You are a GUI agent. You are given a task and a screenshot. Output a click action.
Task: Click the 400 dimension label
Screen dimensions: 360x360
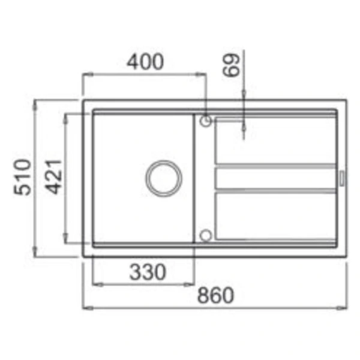tap(145, 62)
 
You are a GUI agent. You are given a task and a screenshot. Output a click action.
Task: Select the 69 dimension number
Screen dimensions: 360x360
tap(231, 65)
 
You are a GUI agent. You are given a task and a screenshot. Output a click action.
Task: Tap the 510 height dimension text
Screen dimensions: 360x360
tap(22, 177)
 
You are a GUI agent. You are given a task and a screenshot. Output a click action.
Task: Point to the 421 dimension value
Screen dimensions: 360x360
tap(53, 177)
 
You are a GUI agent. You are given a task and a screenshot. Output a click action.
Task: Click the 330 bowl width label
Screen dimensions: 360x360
tap(148, 272)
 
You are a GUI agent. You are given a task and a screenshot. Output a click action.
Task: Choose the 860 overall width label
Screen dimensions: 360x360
tap(215, 295)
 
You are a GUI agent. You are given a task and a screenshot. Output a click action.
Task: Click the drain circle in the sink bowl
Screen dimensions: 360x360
tap(164, 178)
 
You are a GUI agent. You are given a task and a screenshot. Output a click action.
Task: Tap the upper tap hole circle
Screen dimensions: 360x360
tap(205, 121)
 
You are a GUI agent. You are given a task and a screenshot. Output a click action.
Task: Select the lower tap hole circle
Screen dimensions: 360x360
tap(205, 235)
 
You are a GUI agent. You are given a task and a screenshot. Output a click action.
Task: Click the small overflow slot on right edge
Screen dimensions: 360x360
tap(342, 178)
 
